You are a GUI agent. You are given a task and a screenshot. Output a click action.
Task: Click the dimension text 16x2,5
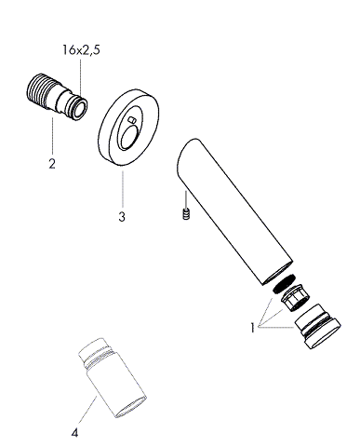pos(81,50)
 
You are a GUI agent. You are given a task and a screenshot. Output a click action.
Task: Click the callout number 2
pos(52,163)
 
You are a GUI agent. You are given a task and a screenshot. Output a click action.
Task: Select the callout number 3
pos(122,216)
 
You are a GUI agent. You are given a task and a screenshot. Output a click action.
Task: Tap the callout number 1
pos(253,328)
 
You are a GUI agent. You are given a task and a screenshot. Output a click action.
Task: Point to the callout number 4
pos(74,433)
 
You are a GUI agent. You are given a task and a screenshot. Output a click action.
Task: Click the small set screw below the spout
pos(186,214)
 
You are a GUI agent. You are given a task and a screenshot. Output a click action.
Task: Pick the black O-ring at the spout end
pos(284,283)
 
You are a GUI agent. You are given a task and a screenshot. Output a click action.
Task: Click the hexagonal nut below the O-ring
pos(295,298)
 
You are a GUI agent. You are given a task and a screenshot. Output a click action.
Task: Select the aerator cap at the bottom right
pos(317,327)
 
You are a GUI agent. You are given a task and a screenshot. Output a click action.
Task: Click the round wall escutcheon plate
pos(128,128)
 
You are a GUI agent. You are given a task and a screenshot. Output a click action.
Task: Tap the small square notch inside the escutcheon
pos(132,119)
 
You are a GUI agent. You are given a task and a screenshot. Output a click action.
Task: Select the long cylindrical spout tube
pos(234,211)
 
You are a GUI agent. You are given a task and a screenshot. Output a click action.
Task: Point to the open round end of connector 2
pos(80,108)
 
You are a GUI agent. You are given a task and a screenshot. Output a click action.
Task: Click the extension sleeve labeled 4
pos(113,378)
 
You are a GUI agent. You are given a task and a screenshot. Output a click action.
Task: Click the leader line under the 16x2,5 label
pos(80,78)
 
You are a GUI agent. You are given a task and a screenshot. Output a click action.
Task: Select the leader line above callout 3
pos(123,189)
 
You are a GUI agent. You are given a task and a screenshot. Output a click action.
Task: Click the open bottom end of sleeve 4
pos(131,407)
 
